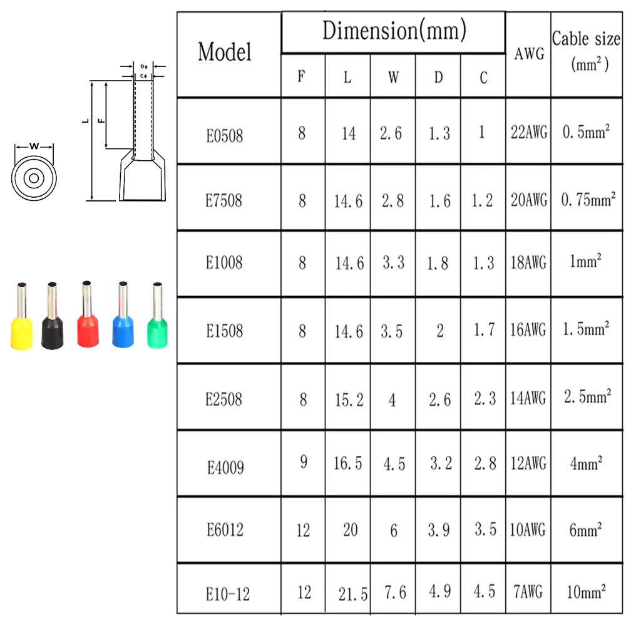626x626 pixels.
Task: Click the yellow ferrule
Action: point(21,326)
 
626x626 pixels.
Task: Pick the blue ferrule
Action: point(122,326)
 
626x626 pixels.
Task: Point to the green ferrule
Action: point(156,326)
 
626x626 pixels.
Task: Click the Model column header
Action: point(225,52)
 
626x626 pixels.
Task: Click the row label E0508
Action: point(224,135)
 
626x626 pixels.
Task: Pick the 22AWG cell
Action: point(528,133)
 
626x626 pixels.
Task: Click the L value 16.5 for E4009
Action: point(348,463)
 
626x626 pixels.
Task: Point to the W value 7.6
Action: point(393,592)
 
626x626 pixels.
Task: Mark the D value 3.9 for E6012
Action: point(438,530)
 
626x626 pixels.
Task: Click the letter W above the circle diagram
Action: point(34,146)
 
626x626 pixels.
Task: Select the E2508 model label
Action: point(224,399)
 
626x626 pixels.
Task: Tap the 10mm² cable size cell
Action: point(586,591)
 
